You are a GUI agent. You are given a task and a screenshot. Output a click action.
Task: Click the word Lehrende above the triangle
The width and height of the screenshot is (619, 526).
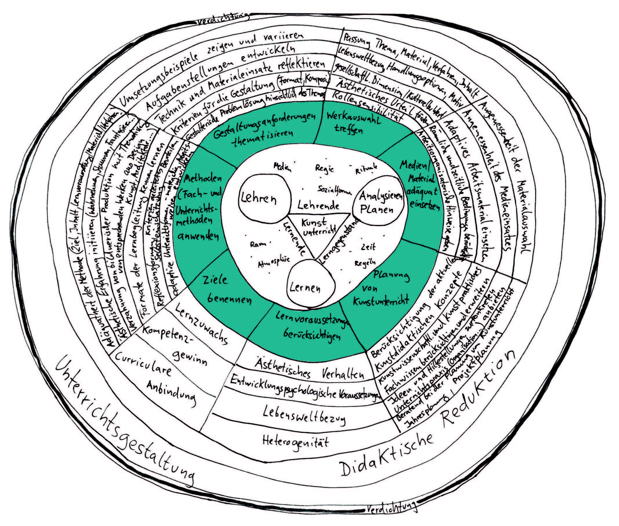click(x=318, y=205)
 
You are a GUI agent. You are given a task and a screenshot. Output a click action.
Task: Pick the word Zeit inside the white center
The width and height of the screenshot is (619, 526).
click(x=368, y=247)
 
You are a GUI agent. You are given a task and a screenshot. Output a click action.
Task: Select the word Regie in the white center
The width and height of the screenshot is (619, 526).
click(x=324, y=168)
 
